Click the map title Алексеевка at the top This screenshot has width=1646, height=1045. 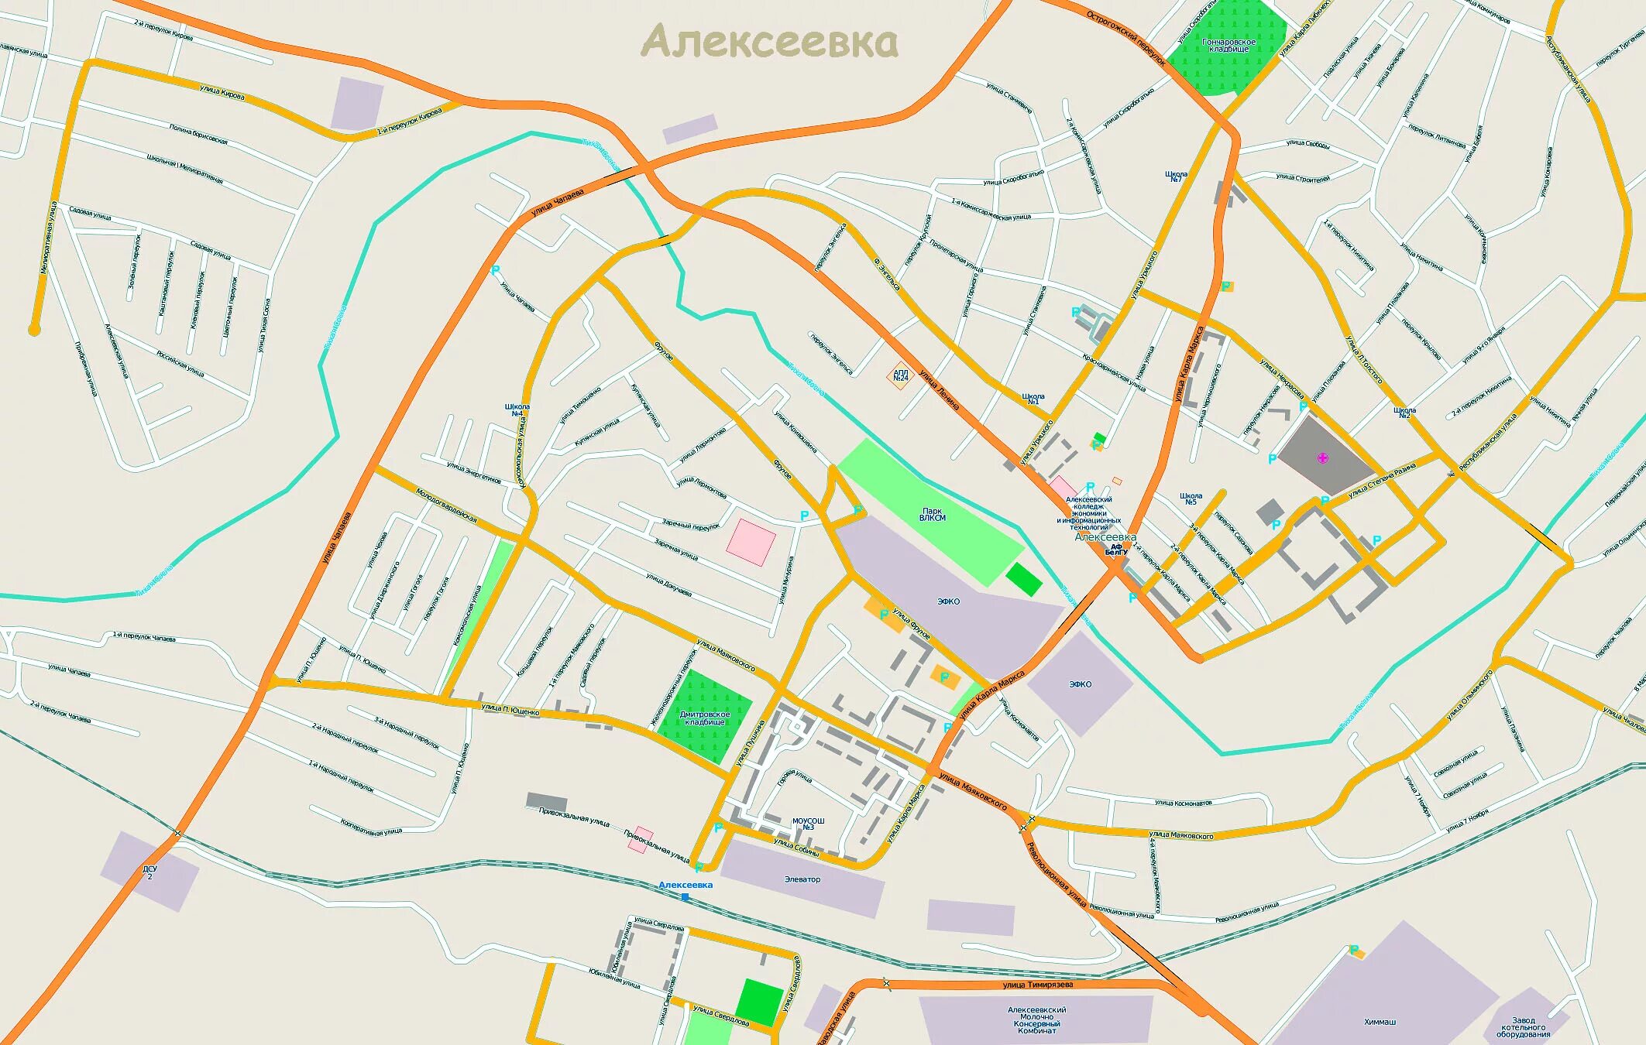pos(770,43)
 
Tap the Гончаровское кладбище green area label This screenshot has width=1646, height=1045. pos(1228,44)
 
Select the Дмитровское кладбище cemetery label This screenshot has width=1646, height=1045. pos(705,718)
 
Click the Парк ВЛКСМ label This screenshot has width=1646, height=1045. pos(933,515)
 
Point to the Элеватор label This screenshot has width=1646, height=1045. pos(802,879)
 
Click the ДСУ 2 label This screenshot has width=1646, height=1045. pos(149,872)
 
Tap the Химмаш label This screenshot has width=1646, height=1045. pos(1380,1022)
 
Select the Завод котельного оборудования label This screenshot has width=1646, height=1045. pos(1524,1027)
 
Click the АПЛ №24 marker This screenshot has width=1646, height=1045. pos(900,375)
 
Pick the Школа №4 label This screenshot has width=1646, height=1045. pos(517,409)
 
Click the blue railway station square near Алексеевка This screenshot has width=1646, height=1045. pos(685,897)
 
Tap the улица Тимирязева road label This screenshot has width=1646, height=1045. pos(1038,985)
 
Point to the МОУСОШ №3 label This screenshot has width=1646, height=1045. pos(808,824)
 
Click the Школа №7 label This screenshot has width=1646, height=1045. pos(1176,176)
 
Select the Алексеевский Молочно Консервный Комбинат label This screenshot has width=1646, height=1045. pos(1036,1019)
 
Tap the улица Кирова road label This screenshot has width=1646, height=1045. pos(222,93)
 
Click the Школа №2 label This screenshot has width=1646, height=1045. pos(1404,413)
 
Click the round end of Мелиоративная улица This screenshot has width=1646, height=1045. pos(33,331)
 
